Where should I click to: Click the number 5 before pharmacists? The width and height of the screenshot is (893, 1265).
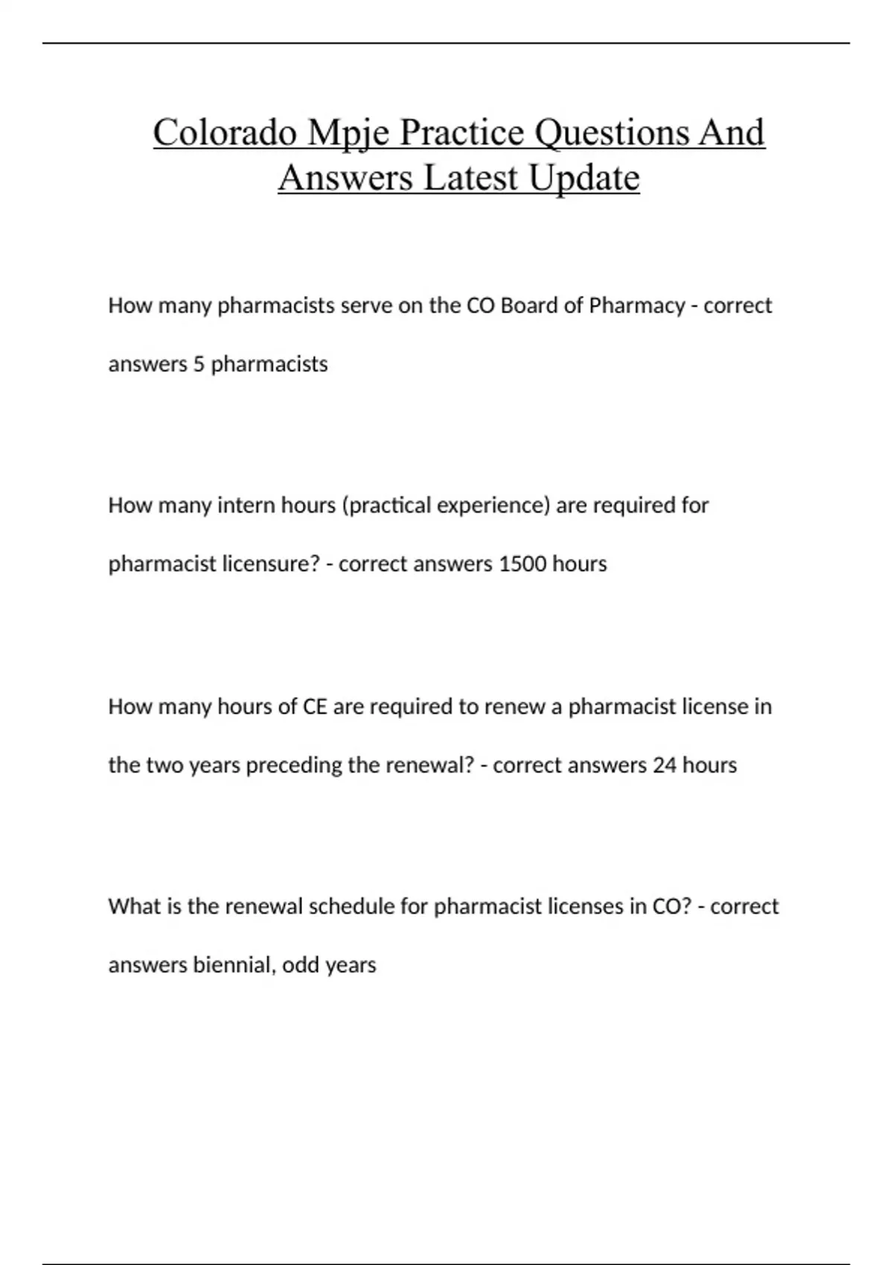coord(198,365)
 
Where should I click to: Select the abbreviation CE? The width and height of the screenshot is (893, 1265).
coord(315,706)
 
